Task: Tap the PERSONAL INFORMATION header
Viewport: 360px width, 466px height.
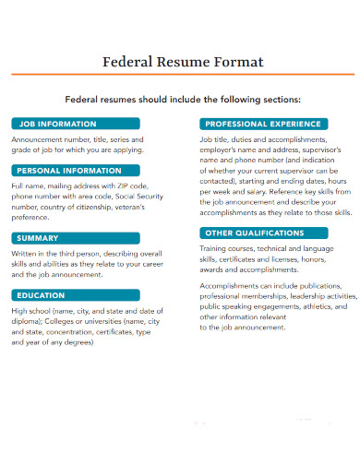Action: (67, 170)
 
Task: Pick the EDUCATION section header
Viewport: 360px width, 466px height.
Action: (42, 295)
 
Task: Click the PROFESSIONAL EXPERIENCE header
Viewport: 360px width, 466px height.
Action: (264, 124)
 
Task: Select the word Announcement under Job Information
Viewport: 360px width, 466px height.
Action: (38, 139)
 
